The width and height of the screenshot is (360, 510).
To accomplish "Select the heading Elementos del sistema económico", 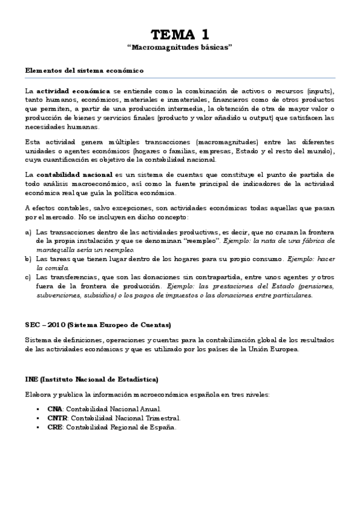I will click(84, 70).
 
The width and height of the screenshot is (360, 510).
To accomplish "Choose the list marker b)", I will click(28, 259).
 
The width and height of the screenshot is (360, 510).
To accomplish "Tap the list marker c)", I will click(28, 277).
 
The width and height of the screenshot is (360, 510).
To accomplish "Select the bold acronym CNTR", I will click(57, 418).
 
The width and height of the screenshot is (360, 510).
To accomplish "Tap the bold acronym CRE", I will click(55, 427).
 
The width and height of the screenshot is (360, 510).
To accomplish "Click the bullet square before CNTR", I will click(38, 418).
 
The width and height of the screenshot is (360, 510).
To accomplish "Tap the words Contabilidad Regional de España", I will click(121, 427).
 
